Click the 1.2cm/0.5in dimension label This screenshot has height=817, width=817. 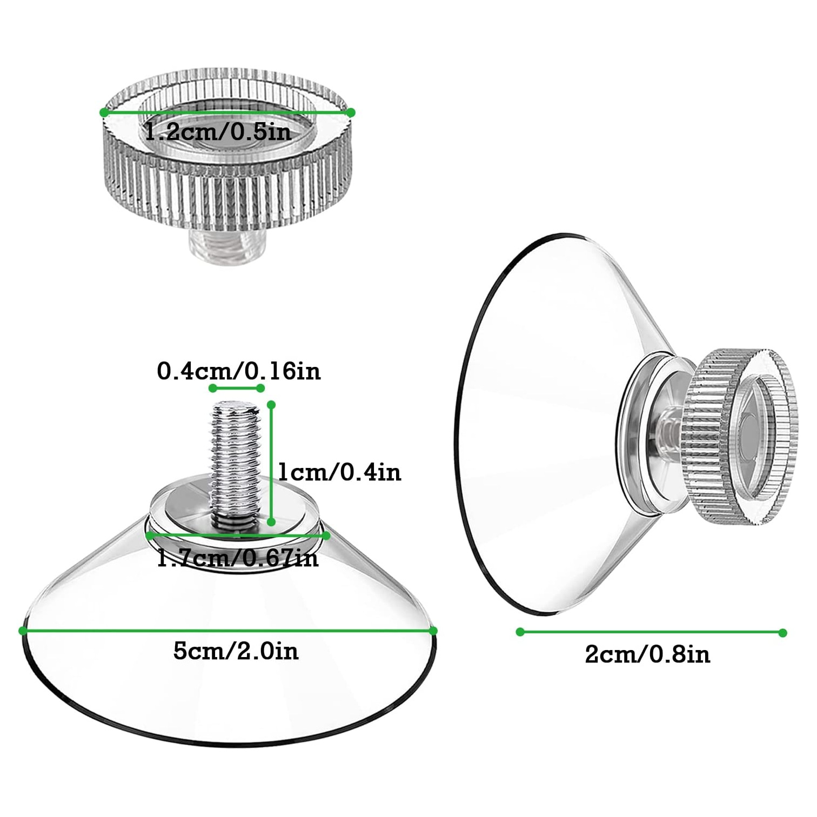218,131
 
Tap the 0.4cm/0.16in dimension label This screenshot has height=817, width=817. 239,371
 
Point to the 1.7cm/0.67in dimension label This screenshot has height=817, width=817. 238,557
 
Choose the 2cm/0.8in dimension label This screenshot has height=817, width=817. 647,654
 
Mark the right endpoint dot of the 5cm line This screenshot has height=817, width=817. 433,631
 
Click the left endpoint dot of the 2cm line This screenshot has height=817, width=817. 520,632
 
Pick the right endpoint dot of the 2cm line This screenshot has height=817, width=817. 783,633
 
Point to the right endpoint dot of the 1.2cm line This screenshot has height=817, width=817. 351,112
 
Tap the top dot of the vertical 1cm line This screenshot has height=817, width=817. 272,404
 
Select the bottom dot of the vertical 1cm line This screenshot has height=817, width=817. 272,521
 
